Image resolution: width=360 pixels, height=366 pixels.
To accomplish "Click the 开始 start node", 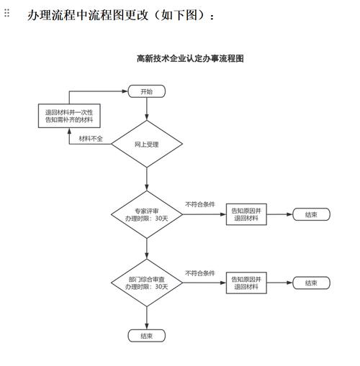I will [x=146, y=91].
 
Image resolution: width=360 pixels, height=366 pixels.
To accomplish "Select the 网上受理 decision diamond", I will [x=146, y=145].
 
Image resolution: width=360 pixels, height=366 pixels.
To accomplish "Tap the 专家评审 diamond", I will [x=146, y=214].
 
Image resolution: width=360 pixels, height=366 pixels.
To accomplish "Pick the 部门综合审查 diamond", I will [x=146, y=283].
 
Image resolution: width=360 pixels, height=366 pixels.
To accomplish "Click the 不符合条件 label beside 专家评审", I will [x=199, y=205].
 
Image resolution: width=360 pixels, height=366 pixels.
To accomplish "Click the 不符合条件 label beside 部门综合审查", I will [x=199, y=273].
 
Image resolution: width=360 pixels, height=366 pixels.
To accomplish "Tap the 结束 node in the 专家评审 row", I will [x=311, y=214].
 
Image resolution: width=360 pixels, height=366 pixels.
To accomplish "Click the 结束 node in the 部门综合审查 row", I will [x=311, y=283].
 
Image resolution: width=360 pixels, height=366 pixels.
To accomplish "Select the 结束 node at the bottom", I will [x=146, y=336].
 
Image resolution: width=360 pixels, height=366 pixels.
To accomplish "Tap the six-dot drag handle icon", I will [x=7, y=14].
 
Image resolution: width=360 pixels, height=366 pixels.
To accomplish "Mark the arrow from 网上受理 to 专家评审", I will [x=146, y=179].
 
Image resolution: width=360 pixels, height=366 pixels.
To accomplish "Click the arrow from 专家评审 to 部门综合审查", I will [x=146, y=248].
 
